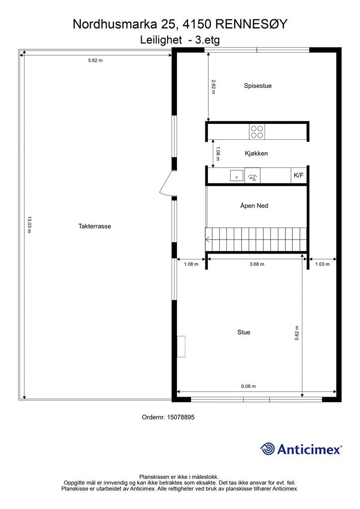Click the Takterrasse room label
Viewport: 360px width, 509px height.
94,226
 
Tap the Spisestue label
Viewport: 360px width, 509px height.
258,85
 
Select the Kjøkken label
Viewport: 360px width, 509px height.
256,154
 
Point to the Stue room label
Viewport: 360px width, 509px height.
244,332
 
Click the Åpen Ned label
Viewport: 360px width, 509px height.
254,205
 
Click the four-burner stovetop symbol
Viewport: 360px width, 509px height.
257,131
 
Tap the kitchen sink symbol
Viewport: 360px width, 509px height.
237,175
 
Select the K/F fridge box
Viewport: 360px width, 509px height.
299,175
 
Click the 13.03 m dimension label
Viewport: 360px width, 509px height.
29,225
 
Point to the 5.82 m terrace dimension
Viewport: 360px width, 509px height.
95,60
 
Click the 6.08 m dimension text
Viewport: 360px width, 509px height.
248,386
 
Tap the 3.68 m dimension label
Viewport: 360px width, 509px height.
257,264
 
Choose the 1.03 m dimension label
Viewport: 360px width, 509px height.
322,264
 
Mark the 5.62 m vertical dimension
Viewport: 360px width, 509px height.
297,333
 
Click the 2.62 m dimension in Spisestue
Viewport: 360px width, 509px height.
213,86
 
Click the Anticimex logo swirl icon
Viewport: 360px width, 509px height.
268,449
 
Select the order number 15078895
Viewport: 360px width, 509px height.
180,417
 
